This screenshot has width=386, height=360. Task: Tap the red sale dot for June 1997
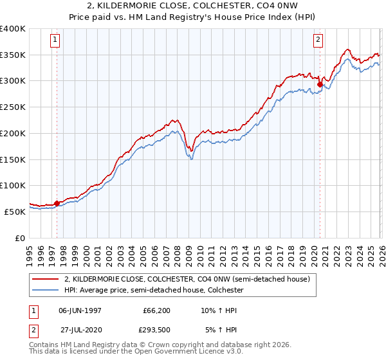57,203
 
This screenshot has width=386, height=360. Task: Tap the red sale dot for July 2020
320,83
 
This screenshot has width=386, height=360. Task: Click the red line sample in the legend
45,280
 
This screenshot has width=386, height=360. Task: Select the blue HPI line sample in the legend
45,290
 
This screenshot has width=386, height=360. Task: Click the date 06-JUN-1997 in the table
80,310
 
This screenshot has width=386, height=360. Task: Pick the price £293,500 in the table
156,330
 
